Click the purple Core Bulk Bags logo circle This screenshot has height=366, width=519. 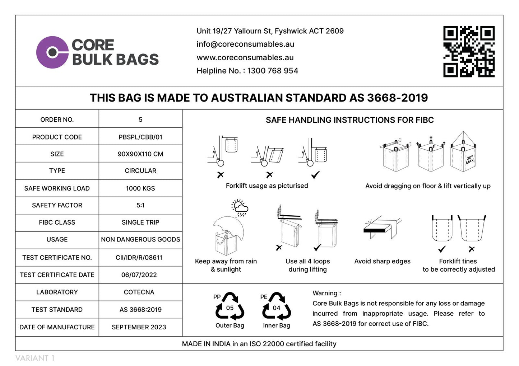[52, 52]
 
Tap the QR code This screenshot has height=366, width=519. [469, 51]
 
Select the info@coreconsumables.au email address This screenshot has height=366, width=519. [245, 44]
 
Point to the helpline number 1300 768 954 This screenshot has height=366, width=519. [273, 71]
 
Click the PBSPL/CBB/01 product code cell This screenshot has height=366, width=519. [140, 137]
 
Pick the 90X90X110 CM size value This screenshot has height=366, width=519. [140, 154]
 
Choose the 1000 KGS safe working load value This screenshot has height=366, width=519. [140, 188]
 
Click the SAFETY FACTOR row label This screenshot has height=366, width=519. [57, 205]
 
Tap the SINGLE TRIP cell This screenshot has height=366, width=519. [140, 222]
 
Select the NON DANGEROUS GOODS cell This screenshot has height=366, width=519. [140, 239]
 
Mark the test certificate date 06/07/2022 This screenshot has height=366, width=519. [139, 275]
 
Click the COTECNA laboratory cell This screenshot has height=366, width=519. [139, 292]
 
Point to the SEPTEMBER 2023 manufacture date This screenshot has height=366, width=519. [139, 327]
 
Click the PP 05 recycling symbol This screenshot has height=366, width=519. [230, 307]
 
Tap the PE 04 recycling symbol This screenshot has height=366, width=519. [276, 307]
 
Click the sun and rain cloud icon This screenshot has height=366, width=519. [240, 208]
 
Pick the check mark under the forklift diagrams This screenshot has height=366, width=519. [315, 175]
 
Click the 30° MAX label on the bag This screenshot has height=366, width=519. [470, 160]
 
